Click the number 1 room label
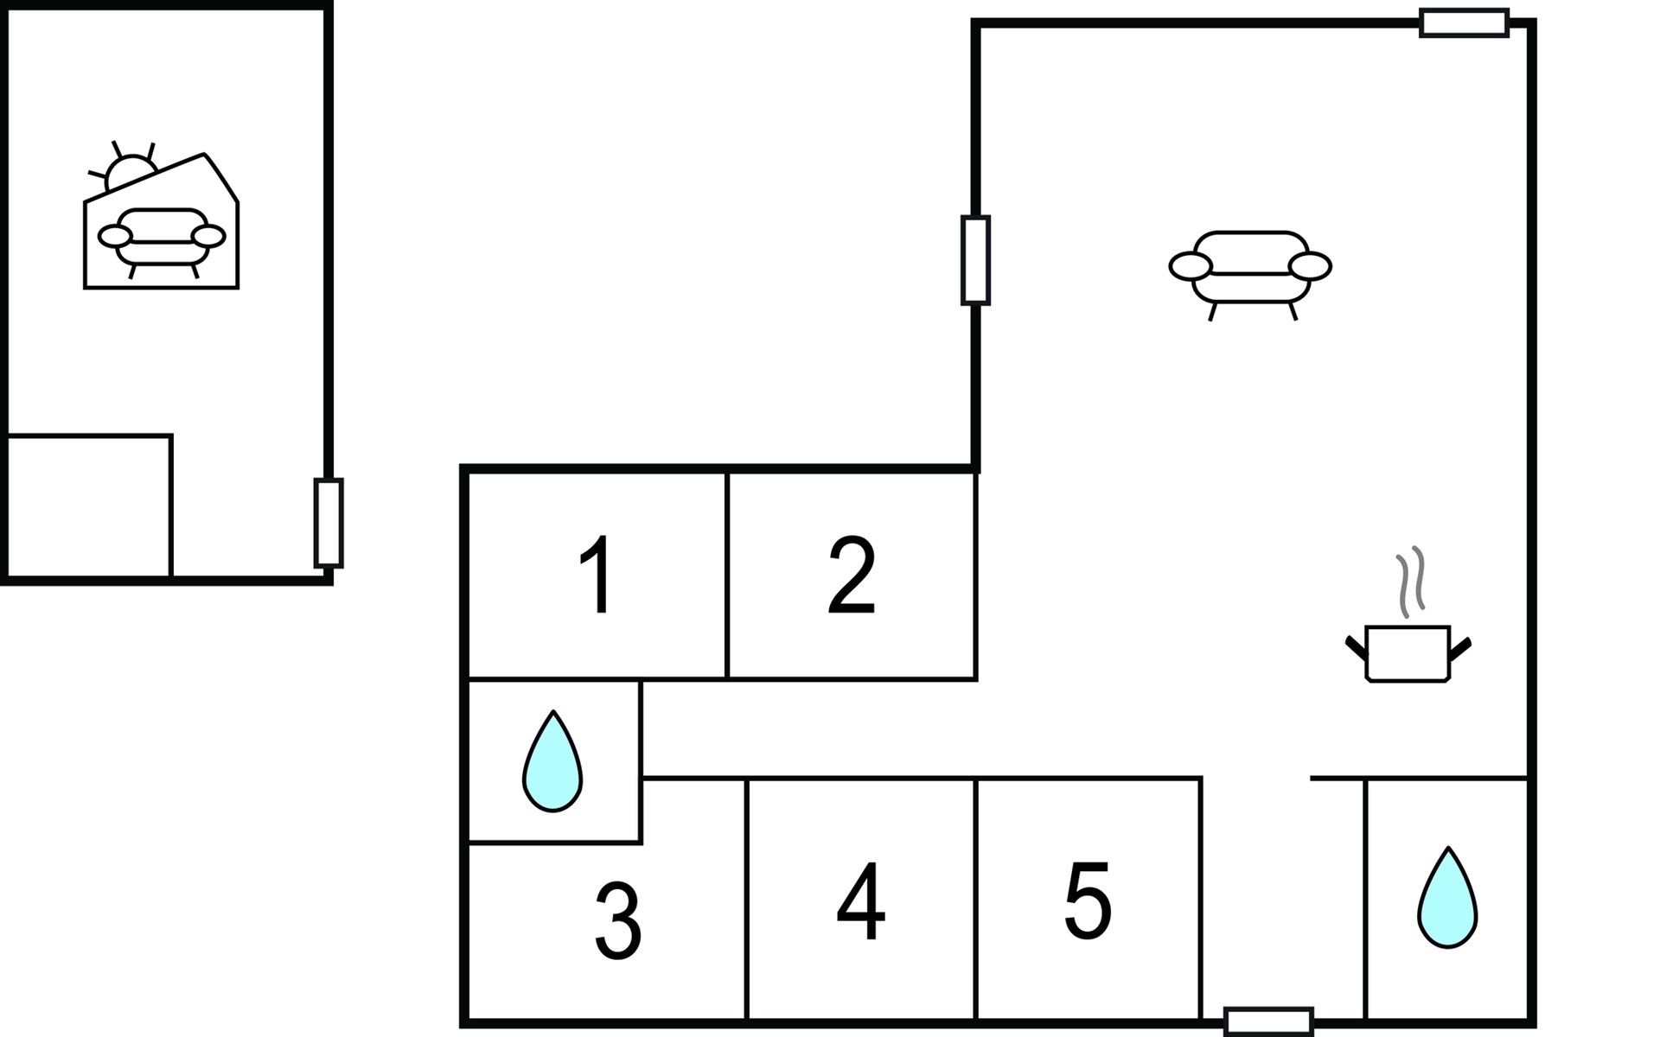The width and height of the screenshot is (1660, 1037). [x=597, y=575]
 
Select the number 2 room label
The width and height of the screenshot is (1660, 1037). [x=852, y=575]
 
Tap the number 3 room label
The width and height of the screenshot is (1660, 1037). [x=617, y=921]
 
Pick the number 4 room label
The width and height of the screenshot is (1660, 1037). [x=861, y=902]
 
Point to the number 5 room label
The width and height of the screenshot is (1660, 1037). [x=1088, y=900]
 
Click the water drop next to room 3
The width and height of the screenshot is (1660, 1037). [x=552, y=764]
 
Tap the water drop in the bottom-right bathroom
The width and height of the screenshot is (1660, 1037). [x=1447, y=899]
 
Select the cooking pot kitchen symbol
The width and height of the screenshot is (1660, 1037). [x=1408, y=653]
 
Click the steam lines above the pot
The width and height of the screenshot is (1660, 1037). [x=1410, y=581]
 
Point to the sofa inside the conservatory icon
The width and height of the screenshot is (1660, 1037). [x=162, y=239]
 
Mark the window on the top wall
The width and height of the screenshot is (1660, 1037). [x=1465, y=22]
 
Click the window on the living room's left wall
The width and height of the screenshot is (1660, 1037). [x=975, y=260]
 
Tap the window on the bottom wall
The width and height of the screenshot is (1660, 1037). [x=1268, y=1021]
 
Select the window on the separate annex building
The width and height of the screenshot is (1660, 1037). [x=329, y=523]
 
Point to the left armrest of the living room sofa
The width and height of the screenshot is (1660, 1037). [x=1191, y=267]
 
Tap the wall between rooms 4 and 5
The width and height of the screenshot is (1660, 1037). [x=976, y=899]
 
